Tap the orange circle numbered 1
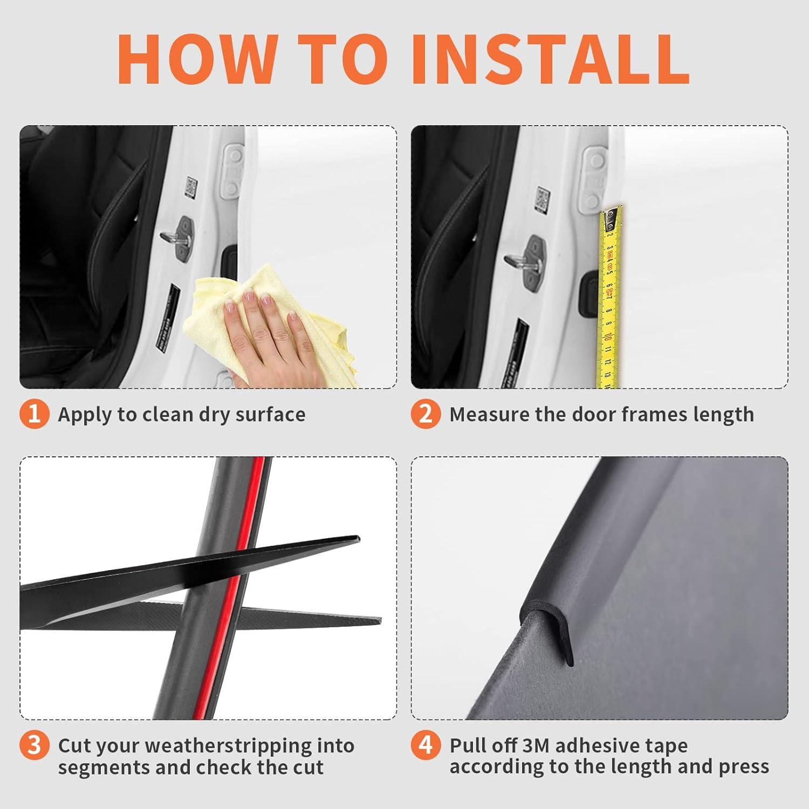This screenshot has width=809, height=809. click(34, 414)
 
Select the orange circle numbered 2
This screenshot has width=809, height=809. click(426, 414)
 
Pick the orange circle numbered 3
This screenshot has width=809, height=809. click(34, 745)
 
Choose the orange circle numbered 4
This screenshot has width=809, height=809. click(426, 745)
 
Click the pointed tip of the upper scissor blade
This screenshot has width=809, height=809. click(358, 538)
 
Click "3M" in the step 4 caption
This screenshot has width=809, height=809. click(536, 746)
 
